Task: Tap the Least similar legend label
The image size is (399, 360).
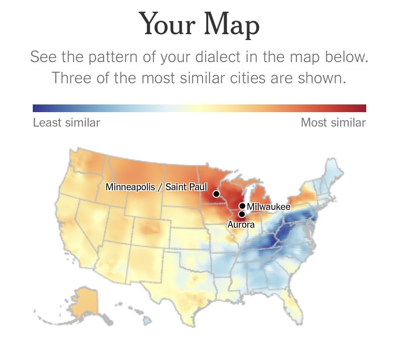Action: [x=66, y=123]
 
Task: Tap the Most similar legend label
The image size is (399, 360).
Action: [x=333, y=123]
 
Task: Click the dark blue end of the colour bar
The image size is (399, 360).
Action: [x=37, y=108]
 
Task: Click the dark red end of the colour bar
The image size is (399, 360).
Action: [x=362, y=108]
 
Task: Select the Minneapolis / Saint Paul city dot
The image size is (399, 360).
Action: [x=216, y=194]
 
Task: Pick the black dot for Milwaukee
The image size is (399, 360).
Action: [x=242, y=206]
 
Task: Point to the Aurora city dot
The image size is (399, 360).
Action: [x=242, y=214]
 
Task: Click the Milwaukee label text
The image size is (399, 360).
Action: [x=268, y=207]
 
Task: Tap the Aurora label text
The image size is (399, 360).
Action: [x=240, y=224]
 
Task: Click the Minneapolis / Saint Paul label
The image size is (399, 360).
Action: [x=156, y=187]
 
